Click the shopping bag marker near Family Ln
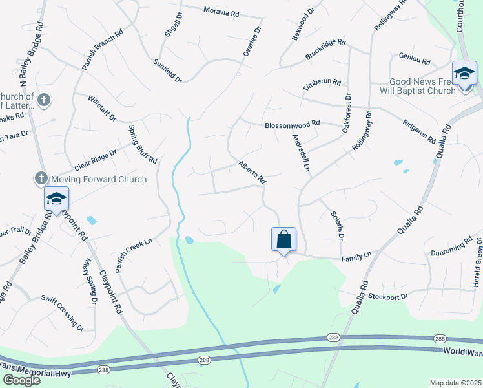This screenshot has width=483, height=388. tap(284, 240)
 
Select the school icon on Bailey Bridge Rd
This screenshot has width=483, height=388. tap(56, 199)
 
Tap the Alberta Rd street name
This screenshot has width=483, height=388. tap(252, 173)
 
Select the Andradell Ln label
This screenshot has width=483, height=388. tap(299, 153)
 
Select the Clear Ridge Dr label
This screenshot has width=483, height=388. tap(95, 158)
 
